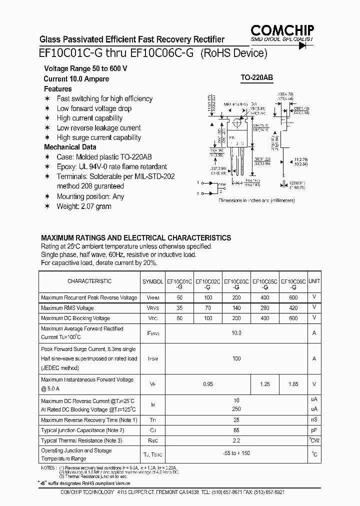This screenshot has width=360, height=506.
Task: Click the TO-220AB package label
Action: coord(257,78)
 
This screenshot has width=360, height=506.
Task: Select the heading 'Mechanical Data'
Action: coord(70,147)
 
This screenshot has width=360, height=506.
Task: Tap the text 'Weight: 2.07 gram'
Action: coord(84,206)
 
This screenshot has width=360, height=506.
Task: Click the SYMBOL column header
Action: coord(152,281)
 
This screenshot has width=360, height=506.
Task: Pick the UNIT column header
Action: coord(314,281)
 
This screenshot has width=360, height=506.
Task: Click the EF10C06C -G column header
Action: coord(293,284)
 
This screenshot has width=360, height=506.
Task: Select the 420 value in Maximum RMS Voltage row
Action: coord(293,308)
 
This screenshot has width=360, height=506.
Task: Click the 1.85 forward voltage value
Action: coord(293,384)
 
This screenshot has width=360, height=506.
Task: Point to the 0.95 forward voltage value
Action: coord(208,384)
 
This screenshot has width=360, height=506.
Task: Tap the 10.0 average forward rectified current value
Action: coord(236,333)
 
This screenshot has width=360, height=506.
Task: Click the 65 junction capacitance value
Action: coord(236,430)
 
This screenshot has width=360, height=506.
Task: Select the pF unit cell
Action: coord(314,430)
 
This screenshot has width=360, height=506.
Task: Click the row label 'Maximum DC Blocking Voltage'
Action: coord(75,318)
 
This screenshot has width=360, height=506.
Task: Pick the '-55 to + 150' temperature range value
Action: coord(236,453)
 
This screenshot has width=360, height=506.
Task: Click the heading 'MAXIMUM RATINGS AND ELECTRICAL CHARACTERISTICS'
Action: coord(136,238)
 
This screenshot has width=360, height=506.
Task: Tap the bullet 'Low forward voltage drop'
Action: coord(94,108)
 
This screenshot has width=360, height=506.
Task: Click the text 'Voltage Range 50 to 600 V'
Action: coord(85,68)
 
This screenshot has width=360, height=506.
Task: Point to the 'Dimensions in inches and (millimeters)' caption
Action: coord(256,200)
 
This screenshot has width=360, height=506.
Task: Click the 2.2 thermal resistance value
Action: coord(236,440)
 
